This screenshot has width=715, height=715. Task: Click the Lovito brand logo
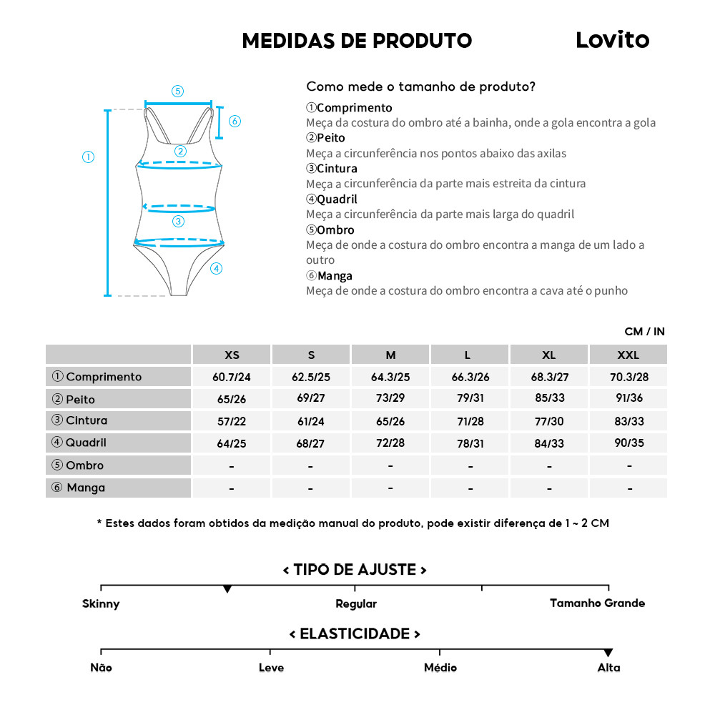[x=612, y=40]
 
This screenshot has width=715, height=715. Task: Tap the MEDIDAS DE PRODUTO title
[x=357, y=41]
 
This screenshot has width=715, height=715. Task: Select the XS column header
[x=232, y=355]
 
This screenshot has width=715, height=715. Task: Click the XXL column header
[x=628, y=355]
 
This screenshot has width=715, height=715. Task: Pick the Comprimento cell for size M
[x=390, y=377]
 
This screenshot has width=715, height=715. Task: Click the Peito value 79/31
[x=470, y=399]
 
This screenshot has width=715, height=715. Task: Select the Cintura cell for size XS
[x=232, y=421]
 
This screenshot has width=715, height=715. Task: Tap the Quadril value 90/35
[x=629, y=443]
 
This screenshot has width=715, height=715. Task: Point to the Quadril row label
[x=86, y=443]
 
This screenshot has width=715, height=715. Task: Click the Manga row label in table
[x=86, y=488]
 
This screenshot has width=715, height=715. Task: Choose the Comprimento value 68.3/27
[x=549, y=377]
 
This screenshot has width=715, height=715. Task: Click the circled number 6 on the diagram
[x=235, y=121]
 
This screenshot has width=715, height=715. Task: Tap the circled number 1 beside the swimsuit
[x=88, y=157]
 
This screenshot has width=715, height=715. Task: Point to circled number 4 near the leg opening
[x=217, y=269]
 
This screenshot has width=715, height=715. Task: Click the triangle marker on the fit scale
[x=227, y=589]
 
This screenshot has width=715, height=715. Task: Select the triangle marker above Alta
[x=608, y=653]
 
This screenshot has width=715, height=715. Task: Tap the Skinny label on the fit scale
[x=101, y=603]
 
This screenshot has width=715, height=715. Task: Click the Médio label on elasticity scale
[x=440, y=668]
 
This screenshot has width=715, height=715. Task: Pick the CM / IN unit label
[x=644, y=331]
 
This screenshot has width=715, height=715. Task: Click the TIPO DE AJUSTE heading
[x=355, y=570]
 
